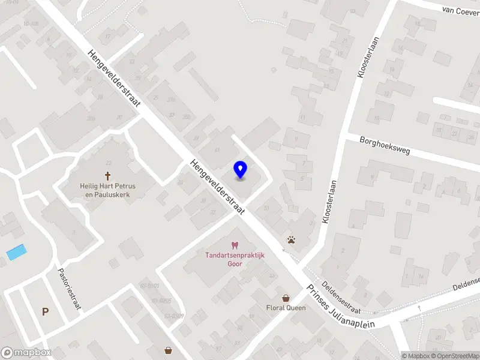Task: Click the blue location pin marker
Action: pos(241,170)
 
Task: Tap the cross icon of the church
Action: pos(108,176)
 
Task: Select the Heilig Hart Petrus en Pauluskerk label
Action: pos(108,190)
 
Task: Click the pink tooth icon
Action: pos(234,245)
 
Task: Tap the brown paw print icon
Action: pos(291,240)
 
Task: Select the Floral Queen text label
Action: pos(286,308)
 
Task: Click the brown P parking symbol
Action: pos(45,311)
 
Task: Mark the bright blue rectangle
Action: pos(17,252)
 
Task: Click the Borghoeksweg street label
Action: pos(385,146)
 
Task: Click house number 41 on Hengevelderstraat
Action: pos(217,150)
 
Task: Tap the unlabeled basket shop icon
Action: pos(169,349)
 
